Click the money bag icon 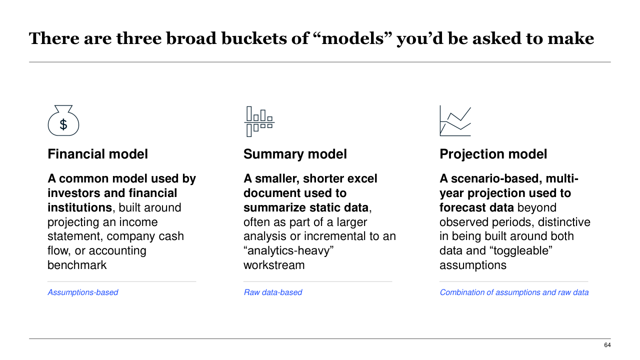(x=63, y=120)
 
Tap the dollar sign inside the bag (x=63, y=124)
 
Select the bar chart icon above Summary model (x=259, y=121)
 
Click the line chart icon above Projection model (x=455, y=120)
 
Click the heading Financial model (x=97, y=154)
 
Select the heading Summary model (x=295, y=154)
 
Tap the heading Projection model (x=493, y=154)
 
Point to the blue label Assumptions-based (x=83, y=292)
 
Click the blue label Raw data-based (x=273, y=292)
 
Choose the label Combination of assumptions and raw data (x=514, y=292)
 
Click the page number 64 (x=607, y=345)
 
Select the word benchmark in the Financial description (x=77, y=265)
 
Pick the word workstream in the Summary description (x=274, y=265)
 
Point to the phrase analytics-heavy (x=288, y=251)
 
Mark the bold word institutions (x=79, y=207)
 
